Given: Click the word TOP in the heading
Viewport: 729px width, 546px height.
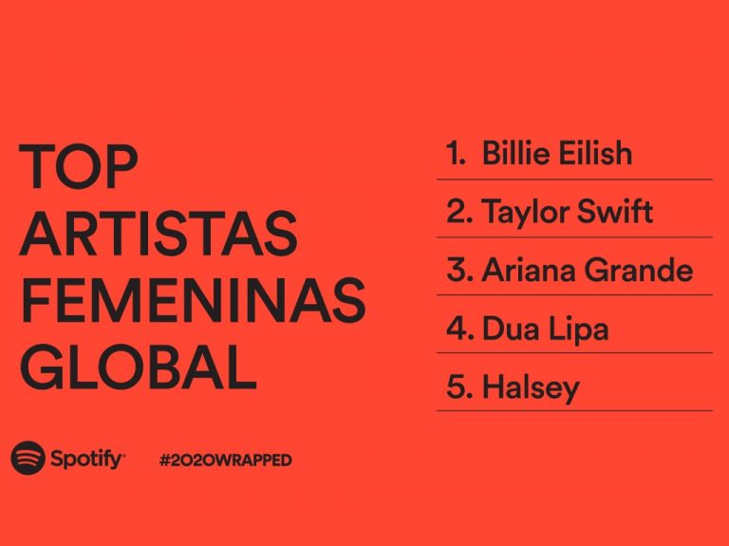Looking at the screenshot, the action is point(78,166).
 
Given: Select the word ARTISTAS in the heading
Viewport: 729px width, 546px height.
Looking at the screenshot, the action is point(159,233).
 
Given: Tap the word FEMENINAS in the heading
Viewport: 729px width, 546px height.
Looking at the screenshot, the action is point(193,300).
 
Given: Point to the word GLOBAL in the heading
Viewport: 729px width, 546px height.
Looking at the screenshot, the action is point(139,367).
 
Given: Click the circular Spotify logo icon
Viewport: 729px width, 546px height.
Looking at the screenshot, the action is point(28,458).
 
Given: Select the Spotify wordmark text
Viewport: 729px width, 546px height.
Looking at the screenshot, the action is point(87,460).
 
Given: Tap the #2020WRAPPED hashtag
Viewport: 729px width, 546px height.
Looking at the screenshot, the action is point(226,460).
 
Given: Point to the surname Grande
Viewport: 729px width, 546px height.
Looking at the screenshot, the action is point(639,270).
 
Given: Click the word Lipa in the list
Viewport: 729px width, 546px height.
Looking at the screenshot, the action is point(578,329).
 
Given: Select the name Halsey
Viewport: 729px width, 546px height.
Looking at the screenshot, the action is point(531,387).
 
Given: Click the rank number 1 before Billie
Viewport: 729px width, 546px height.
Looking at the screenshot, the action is point(456,153).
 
